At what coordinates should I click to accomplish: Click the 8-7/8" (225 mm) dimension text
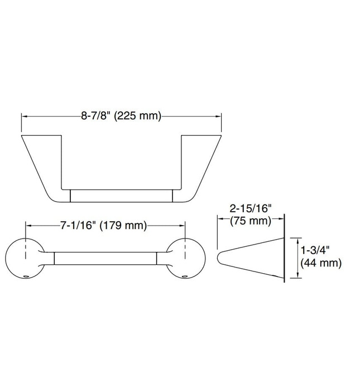[121, 116]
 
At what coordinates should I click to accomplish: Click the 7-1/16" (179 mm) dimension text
[103, 226]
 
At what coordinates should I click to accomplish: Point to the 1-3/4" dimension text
[315, 250]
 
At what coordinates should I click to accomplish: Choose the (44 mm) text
[321, 262]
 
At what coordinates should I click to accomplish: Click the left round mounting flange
[25, 258]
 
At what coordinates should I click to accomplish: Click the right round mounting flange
[185, 258]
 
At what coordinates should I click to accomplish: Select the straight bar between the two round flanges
[105, 258]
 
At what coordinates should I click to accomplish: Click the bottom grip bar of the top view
[122, 195]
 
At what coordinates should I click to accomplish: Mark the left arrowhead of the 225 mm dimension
[24, 116]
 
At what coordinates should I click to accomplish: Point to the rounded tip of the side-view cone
[219, 258]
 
